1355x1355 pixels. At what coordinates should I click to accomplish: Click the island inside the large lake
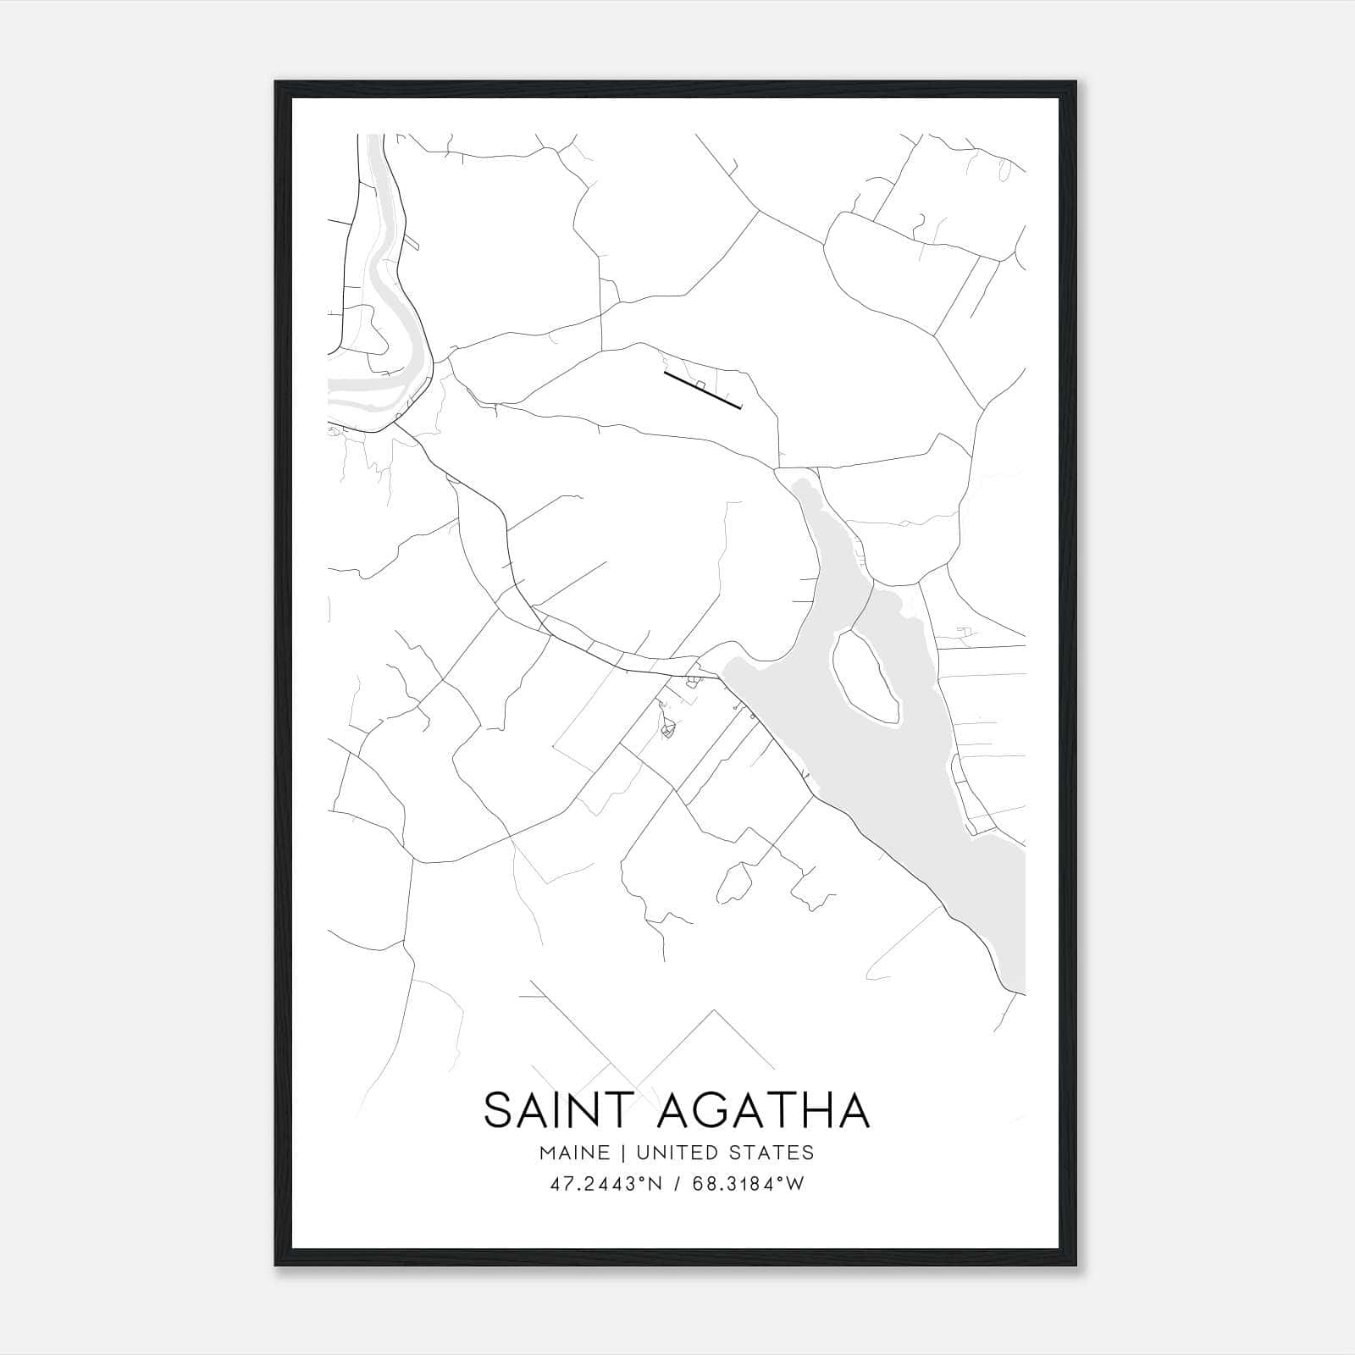pyautogui.click(x=866, y=677)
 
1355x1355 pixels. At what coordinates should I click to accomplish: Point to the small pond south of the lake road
pyautogui.click(x=733, y=882)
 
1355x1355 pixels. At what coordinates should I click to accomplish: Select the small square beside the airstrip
pyautogui.click(x=700, y=384)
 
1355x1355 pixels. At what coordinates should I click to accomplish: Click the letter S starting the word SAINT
pyautogui.click(x=499, y=1110)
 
